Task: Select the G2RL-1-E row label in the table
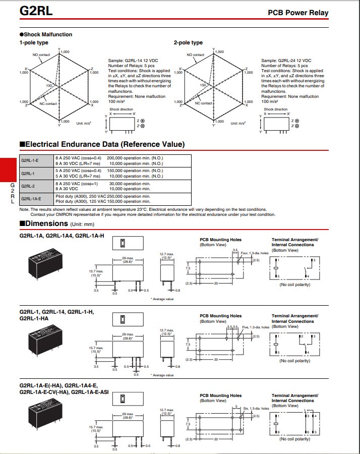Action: (30, 160)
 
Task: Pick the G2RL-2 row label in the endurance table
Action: (28, 186)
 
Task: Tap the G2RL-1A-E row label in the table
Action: (31, 198)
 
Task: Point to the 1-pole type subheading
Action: (34, 43)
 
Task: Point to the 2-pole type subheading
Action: (188, 43)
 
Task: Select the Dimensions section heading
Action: (46, 223)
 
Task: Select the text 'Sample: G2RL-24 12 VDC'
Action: (286, 61)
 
